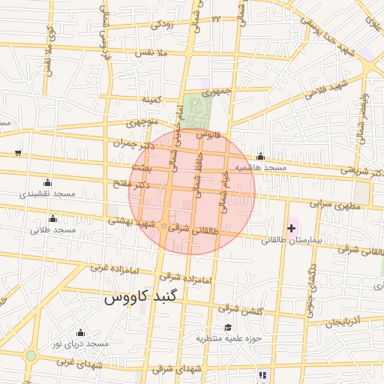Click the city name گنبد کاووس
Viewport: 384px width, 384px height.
click(x=141, y=297)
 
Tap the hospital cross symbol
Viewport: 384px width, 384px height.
click(x=291, y=228)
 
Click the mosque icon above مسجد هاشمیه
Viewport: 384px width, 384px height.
click(x=260, y=157)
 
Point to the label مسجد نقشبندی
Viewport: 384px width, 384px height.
click(x=49, y=193)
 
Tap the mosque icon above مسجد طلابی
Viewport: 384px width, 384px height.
click(x=52, y=219)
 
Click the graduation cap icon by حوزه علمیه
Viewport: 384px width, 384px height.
click(x=228, y=327)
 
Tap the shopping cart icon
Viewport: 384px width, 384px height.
click(x=17, y=153)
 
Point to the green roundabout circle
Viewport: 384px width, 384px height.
click(x=31, y=355)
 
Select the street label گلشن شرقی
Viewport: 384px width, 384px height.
click(x=239, y=308)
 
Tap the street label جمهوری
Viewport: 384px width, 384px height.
click(x=212, y=91)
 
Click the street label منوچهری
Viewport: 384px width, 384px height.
click(x=142, y=121)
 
